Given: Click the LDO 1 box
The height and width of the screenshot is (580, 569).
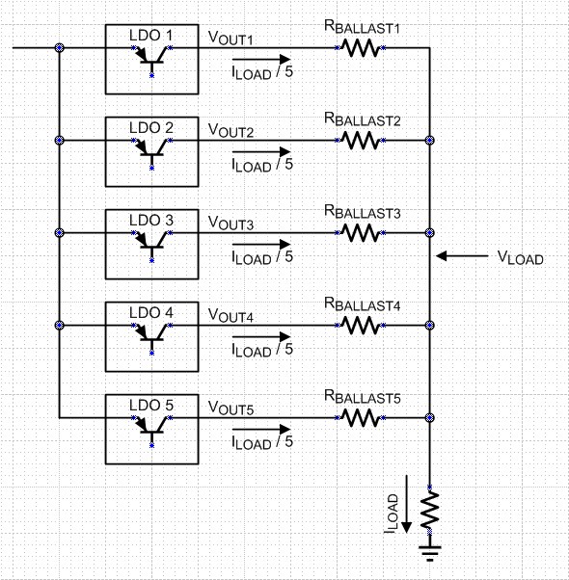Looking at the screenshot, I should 152,60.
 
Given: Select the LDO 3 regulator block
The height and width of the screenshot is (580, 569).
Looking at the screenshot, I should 152,244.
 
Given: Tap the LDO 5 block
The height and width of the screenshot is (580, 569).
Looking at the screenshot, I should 152,429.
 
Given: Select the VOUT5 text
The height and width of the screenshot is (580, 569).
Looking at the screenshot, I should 231,409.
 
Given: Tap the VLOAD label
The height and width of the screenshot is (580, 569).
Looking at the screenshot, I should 521,258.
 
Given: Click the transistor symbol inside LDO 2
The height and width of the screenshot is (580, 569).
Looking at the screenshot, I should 151,145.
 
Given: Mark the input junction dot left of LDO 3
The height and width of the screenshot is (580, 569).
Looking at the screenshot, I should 60,232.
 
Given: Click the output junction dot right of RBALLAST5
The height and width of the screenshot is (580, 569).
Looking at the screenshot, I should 429,418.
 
